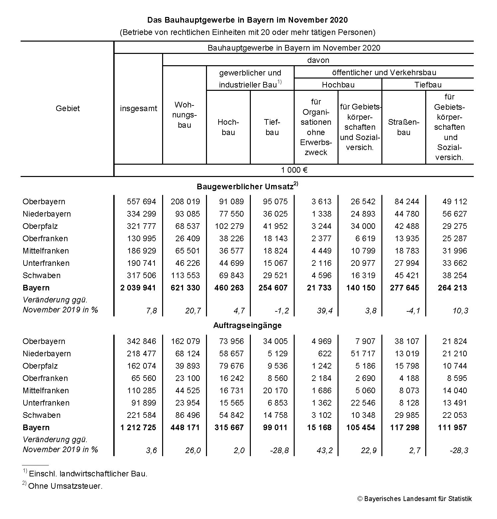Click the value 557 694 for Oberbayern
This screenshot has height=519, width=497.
tap(141, 202)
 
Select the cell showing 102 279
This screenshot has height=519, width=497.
tap(229, 226)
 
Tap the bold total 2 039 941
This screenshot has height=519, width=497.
tap(138, 288)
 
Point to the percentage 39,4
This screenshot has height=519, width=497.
tap(322, 311)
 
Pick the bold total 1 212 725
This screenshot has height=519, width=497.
tap(138, 428)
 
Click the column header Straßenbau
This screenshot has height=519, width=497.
tap(403, 127)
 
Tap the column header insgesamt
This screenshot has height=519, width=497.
tap(139, 108)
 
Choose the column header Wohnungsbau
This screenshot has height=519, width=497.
tap(184, 115)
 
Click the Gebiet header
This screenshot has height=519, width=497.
tap(68, 108)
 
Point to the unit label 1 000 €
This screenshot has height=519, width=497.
tap(294, 170)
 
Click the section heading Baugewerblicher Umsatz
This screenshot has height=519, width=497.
tap(245, 186)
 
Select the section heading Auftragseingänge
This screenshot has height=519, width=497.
tap(247, 325)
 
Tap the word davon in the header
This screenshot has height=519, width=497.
tap(318, 60)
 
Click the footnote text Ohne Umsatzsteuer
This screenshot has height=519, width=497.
tap(65, 486)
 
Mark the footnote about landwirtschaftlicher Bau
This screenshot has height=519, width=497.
tap(88, 474)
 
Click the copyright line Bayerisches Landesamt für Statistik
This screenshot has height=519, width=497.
tap(414, 499)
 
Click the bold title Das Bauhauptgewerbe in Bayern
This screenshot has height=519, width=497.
tap(248, 20)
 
